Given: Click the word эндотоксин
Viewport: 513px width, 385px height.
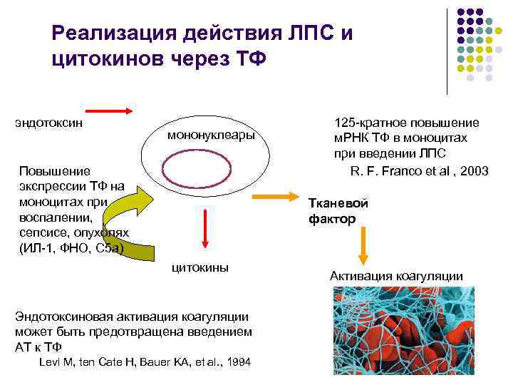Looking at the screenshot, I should [x=48, y=122].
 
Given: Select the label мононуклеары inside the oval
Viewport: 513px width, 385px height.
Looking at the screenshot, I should [x=211, y=135].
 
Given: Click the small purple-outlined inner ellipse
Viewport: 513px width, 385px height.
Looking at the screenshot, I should [x=207, y=174].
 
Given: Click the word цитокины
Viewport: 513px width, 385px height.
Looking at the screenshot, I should [x=201, y=267].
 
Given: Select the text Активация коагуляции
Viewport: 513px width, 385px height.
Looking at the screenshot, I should [x=396, y=276].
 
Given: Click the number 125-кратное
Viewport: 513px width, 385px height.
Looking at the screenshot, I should [x=364, y=123].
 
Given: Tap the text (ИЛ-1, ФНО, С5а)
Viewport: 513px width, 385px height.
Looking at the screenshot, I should [x=71, y=248].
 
